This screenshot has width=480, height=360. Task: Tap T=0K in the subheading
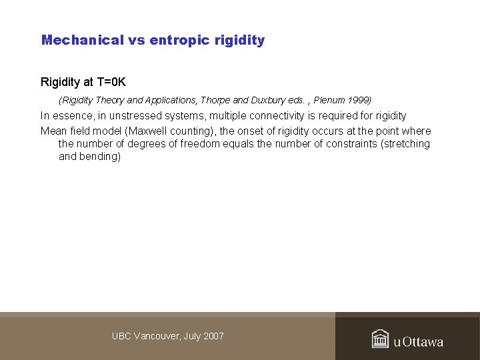pos(110,82)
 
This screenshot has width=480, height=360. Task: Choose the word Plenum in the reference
pos(331,100)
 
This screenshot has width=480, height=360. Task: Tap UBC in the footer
pos(121,336)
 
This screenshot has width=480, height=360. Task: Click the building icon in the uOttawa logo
pos(381,339)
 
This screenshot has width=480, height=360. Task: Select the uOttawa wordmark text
pos(418,342)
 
